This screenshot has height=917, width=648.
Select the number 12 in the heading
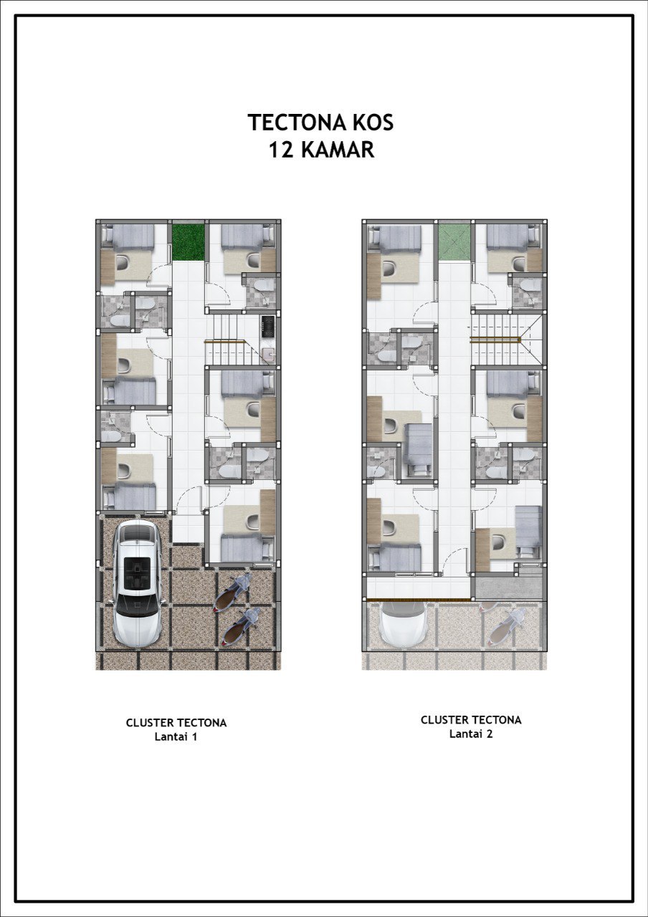[x=282, y=150]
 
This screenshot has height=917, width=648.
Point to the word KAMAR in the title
[x=338, y=150]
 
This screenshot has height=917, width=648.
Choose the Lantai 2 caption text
[x=471, y=734]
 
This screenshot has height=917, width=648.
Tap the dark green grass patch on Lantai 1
[x=188, y=242]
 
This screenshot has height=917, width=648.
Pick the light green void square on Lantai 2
[x=454, y=242]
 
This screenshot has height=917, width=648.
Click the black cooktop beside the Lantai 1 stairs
[x=268, y=326]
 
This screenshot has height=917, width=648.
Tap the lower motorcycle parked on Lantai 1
[x=242, y=627]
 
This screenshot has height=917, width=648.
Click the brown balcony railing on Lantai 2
[x=418, y=600]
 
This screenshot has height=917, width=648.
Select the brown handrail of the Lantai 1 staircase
[x=225, y=341]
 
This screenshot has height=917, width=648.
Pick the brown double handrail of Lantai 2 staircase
[x=495, y=339]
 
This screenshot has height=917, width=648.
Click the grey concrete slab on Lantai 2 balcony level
[x=508, y=586]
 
